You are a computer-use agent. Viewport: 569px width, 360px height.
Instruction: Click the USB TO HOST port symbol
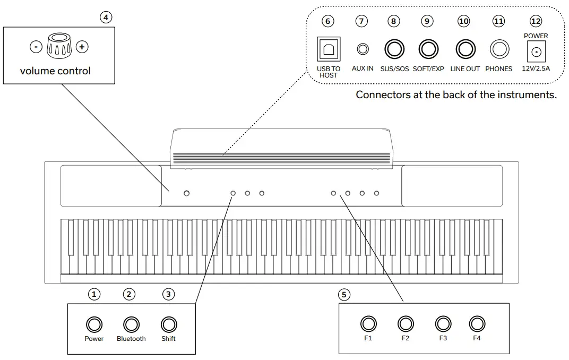(x=328, y=49)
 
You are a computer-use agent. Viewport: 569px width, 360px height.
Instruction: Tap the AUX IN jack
(x=363, y=49)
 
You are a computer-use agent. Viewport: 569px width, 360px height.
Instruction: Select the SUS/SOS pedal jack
(x=394, y=49)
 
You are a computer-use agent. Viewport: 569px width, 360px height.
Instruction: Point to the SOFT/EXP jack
(x=428, y=49)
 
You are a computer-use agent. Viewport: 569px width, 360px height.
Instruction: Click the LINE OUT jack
(x=465, y=49)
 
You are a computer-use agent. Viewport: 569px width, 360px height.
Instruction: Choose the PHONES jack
(x=499, y=50)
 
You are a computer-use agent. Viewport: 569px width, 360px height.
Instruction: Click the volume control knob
(x=58, y=46)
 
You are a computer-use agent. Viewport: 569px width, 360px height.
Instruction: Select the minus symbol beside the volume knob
(x=35, y=47)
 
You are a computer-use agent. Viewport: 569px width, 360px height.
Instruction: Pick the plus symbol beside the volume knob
(x=82, y=47)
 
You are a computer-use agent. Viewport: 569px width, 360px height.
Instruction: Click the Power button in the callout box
(x=94, y=324)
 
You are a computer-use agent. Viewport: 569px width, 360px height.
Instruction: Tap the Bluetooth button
(x=131, y=324)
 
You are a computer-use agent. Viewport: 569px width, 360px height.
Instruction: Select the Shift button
(x=168, y=324)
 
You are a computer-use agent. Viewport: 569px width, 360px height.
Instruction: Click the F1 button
(x=368, y=323)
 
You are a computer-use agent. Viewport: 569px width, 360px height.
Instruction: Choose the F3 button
(x=443, y=323)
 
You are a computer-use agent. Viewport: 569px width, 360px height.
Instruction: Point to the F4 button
(x=477, y=323)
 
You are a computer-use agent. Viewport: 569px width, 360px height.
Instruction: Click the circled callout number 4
(x=106, y=17)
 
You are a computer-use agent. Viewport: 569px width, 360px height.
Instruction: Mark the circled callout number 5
(x=344, y=294)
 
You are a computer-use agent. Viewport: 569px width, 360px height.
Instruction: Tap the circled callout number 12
(x=536, y=21)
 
